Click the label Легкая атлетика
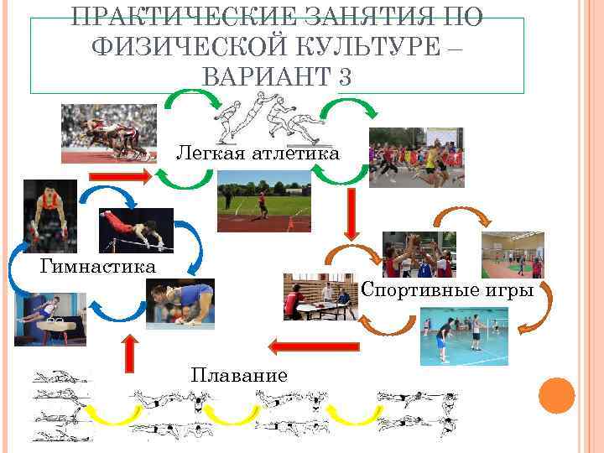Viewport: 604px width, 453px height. pyautogui.click(x=258, y=154)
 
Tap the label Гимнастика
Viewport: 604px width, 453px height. pyautogui.click(x=98, y=267)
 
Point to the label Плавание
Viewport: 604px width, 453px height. pyautogui.click(x=239, y=374)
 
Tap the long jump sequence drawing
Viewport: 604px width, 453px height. pyautogui.click(x=268, y=119)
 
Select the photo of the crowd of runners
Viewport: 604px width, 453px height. pyautogui.click(x=417, y=154)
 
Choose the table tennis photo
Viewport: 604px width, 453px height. pyautogui.click(x=321, y=296)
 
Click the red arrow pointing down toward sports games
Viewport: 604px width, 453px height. pyautogui.click(x=351, y=216)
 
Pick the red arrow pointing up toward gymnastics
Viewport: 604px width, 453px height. pyautogui.click(x=128, y=352)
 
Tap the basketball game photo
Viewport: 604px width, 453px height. pyautogui.click(x=419, y=254)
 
